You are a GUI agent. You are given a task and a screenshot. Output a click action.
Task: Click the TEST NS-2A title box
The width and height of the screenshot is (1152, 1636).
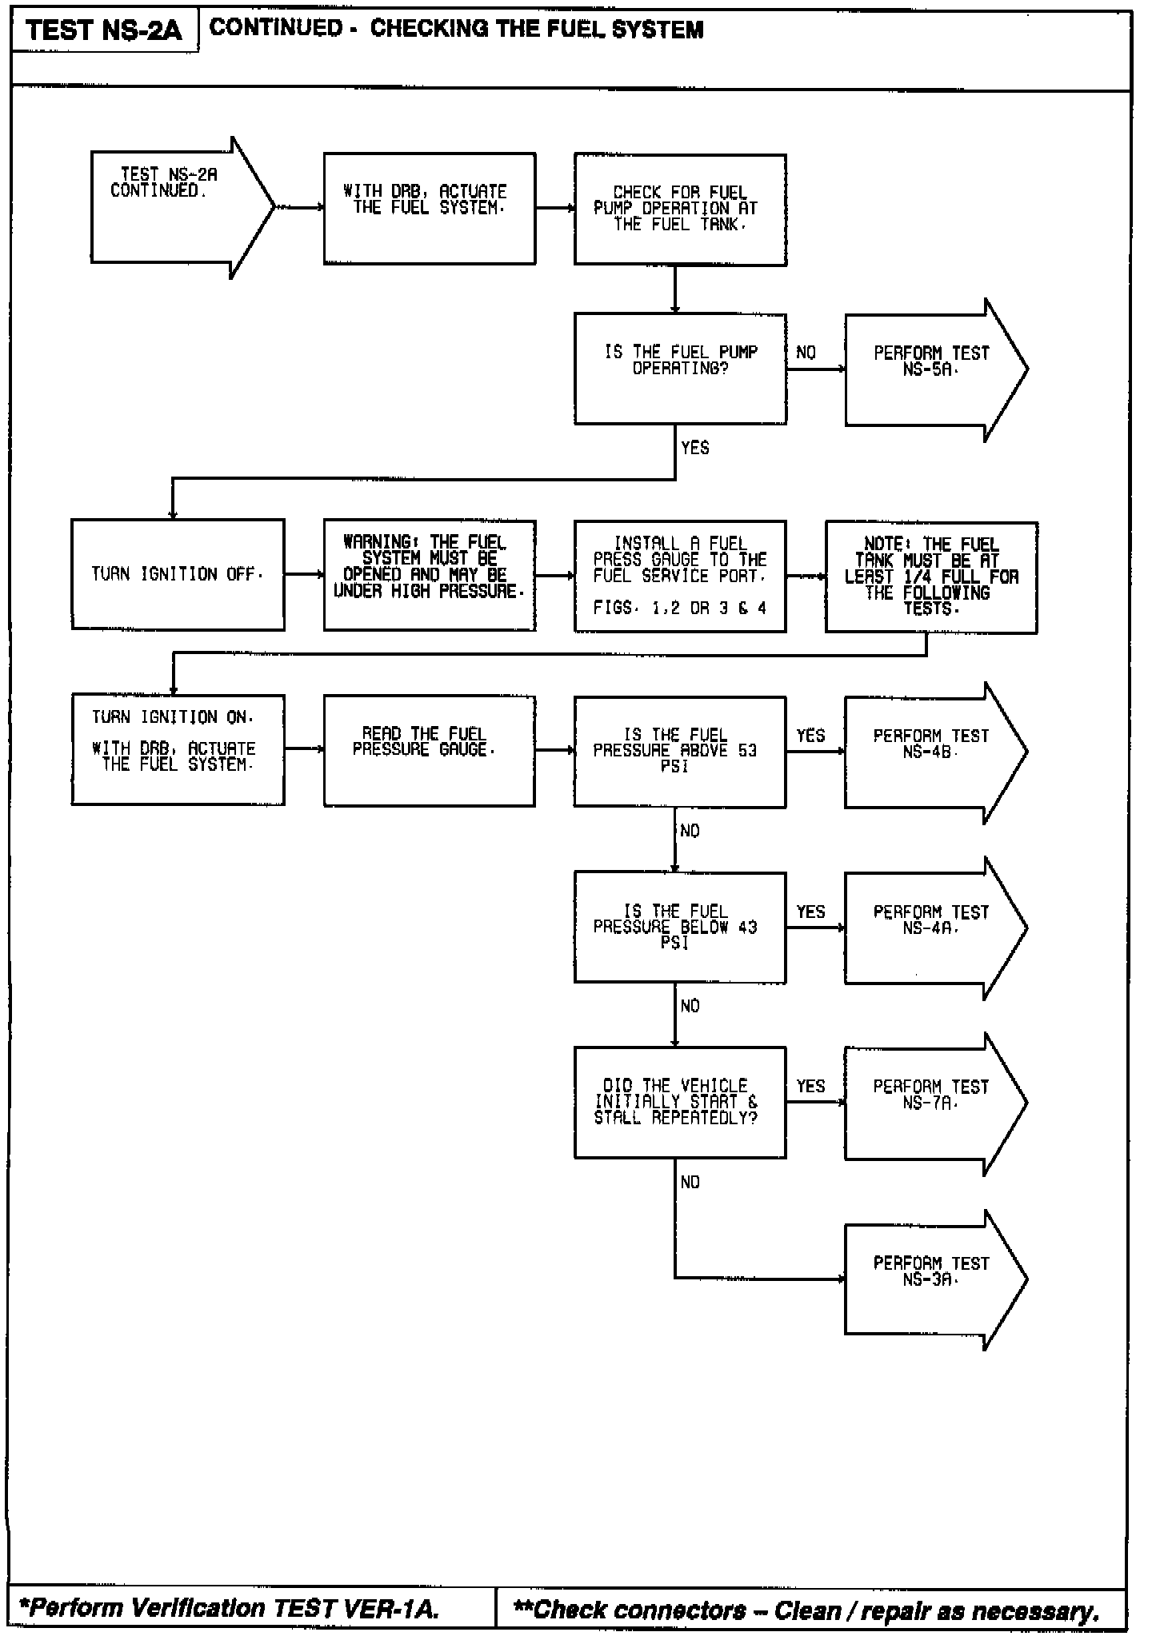tap(104, 30)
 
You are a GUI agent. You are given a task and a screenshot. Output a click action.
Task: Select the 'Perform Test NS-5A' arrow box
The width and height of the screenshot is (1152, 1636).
tap(932, 369)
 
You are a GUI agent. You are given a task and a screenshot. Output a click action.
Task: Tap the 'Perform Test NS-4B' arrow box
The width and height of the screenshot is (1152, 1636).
tap(932, 752)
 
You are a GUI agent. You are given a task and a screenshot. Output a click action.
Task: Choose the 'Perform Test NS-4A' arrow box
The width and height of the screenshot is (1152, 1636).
tap(932, 928)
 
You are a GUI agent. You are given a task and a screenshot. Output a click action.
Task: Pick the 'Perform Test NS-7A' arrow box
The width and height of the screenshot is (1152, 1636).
tap(932, 1103)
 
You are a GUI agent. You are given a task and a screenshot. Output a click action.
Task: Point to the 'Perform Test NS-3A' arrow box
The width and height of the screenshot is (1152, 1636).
tap(932, 1279)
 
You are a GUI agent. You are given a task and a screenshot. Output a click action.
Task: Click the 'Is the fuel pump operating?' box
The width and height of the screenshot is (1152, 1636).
tap(680, 369)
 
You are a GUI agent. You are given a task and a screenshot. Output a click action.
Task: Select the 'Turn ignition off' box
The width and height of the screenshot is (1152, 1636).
tap(178, 574)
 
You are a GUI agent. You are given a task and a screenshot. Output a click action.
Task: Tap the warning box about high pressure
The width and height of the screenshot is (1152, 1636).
tap(429, 575)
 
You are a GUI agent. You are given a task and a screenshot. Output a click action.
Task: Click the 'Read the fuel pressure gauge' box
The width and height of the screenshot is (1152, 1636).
tap(429, 751)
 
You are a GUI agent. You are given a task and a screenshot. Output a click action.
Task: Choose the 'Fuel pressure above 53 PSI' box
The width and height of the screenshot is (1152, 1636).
tap(680, 752)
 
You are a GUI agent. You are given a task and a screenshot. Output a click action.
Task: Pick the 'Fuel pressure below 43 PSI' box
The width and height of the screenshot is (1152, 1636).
tap(680, 928)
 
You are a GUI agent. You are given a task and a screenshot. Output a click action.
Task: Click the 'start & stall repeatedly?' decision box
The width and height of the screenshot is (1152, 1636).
tap(680, 1102)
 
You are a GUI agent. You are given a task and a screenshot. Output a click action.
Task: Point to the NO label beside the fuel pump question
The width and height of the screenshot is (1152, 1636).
tap(806, 353)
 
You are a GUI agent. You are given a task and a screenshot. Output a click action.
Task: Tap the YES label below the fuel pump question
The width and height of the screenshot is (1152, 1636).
tap(694, 448)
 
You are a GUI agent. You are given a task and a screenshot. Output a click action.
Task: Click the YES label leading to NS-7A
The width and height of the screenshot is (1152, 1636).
tap(810, 1086)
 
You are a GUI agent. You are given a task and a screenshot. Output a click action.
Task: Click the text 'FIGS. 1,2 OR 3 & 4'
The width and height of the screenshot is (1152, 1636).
tap(680, 609)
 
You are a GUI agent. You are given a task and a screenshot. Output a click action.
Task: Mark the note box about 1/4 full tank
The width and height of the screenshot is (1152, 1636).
tap(931, 577)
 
